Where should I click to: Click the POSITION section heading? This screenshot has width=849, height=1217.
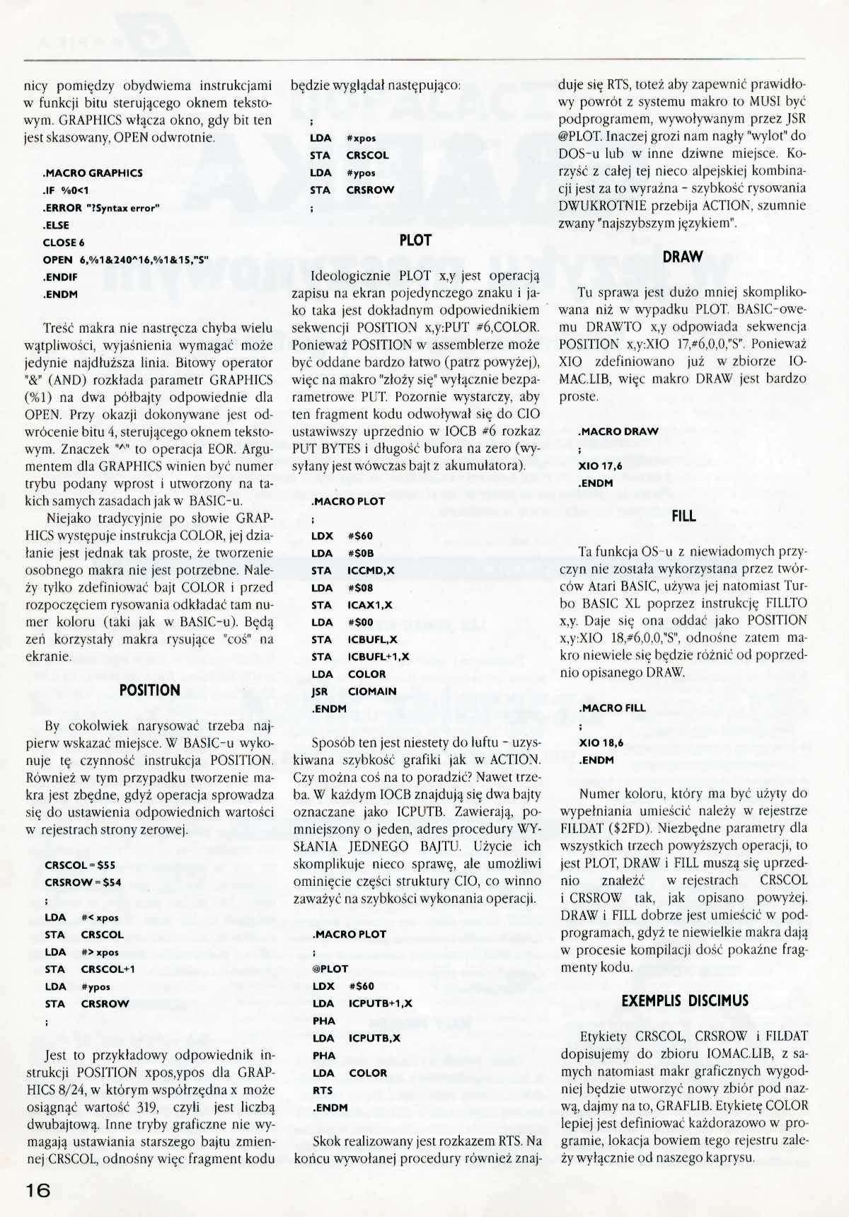point(150,690)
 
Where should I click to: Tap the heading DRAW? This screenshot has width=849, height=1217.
point(683,257)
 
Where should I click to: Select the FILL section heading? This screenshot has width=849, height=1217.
point(683,517)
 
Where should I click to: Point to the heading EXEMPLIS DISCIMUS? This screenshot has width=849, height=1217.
point(684,1000)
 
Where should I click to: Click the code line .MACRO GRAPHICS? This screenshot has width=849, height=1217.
point(93,173)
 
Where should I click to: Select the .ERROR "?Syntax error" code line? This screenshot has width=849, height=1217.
point(102,207)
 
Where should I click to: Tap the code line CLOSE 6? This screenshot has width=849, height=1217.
point(64,242)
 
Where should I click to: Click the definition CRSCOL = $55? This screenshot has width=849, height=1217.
point(80,865)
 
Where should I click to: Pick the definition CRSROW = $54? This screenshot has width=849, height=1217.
point(83,882)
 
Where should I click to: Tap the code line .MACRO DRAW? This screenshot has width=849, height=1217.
point(618,432)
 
